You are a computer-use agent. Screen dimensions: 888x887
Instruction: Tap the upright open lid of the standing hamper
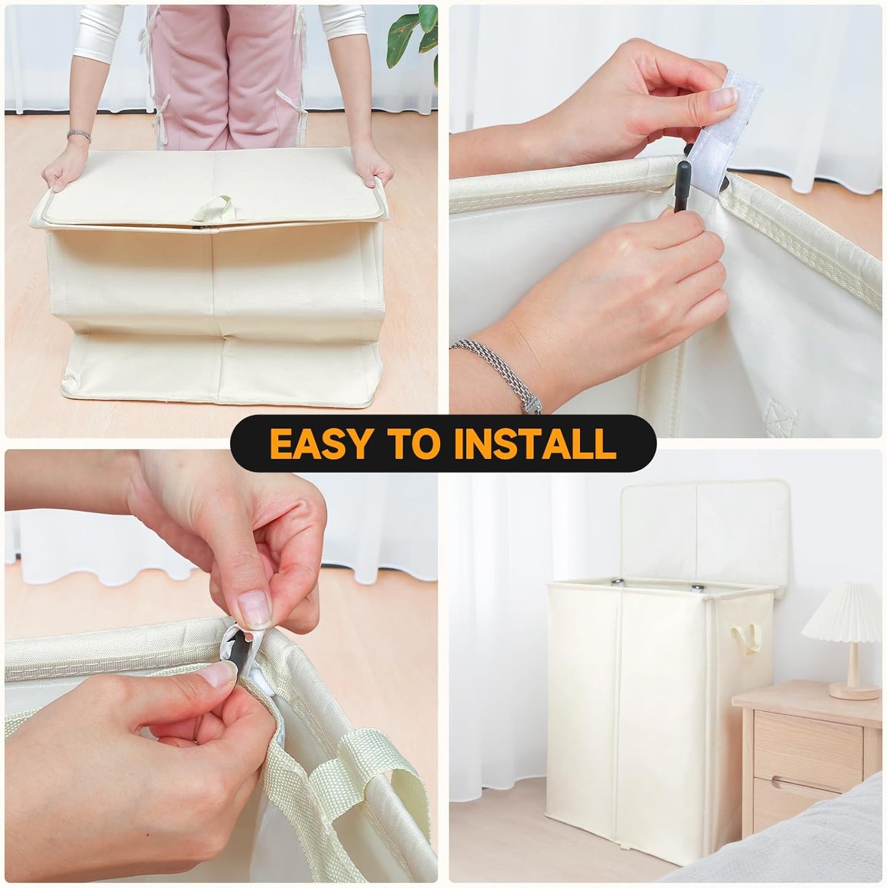point(703,534)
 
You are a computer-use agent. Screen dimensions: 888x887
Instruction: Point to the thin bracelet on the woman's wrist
point(79,134)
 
